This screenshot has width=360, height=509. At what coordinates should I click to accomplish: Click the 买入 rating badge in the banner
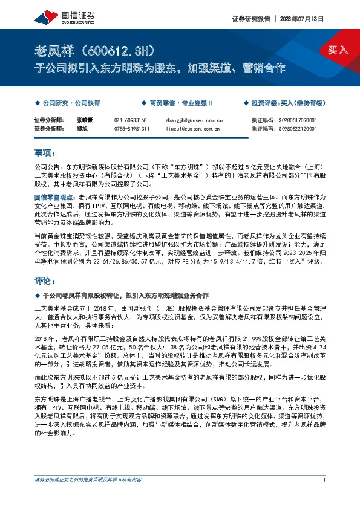338,50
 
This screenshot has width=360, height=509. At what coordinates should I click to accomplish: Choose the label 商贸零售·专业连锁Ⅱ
172,103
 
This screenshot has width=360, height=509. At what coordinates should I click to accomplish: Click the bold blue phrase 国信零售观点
52,197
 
